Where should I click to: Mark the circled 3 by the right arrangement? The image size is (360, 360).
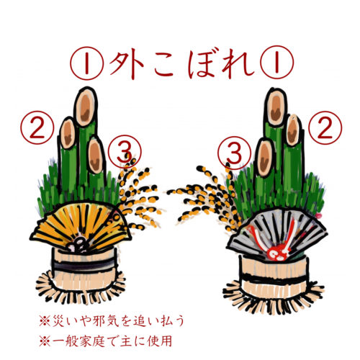233,153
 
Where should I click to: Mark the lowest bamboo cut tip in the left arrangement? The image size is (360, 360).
94,151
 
